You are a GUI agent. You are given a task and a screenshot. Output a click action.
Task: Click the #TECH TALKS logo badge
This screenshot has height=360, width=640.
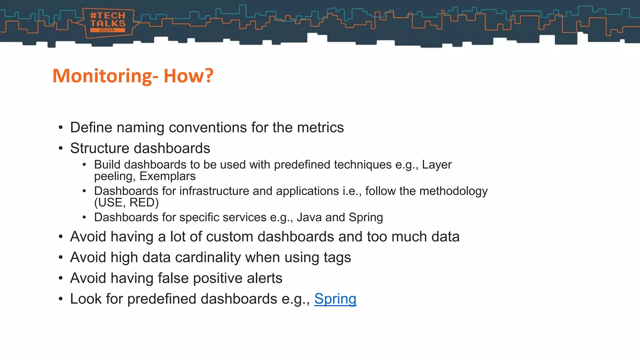tap(108, 22)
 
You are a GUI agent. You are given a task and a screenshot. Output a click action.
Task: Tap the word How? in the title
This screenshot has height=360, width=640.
tap(188, 76)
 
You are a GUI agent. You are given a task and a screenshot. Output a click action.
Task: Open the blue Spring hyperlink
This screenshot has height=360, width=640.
tap(335, 299)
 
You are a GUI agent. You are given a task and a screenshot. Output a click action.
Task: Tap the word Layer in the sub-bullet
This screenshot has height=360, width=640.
tap(437, 165)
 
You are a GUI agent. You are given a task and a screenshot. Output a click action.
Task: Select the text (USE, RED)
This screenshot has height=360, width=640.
tap(127, 203)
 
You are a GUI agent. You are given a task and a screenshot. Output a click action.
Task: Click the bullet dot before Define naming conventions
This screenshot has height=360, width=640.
tap(61, 128)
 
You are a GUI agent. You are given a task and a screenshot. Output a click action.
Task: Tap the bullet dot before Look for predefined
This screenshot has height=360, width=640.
tap(61, 299)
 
